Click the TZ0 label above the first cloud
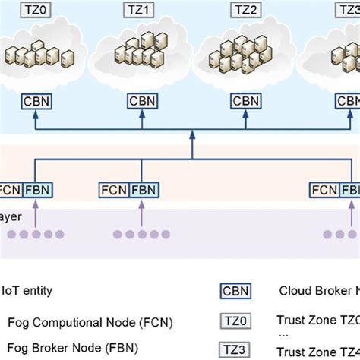tap(37, 11)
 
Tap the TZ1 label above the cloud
tap(141, 11)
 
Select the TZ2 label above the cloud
tap(245, 11)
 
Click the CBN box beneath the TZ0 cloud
tap(37, 100)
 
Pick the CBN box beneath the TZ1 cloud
tap(141, 100)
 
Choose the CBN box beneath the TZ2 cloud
tap(245, 100)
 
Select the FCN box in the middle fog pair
tap(115, 190)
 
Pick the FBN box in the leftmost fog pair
tap(37, 190)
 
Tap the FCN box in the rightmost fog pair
tap(324, 190)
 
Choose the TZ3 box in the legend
tap(233, 350)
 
